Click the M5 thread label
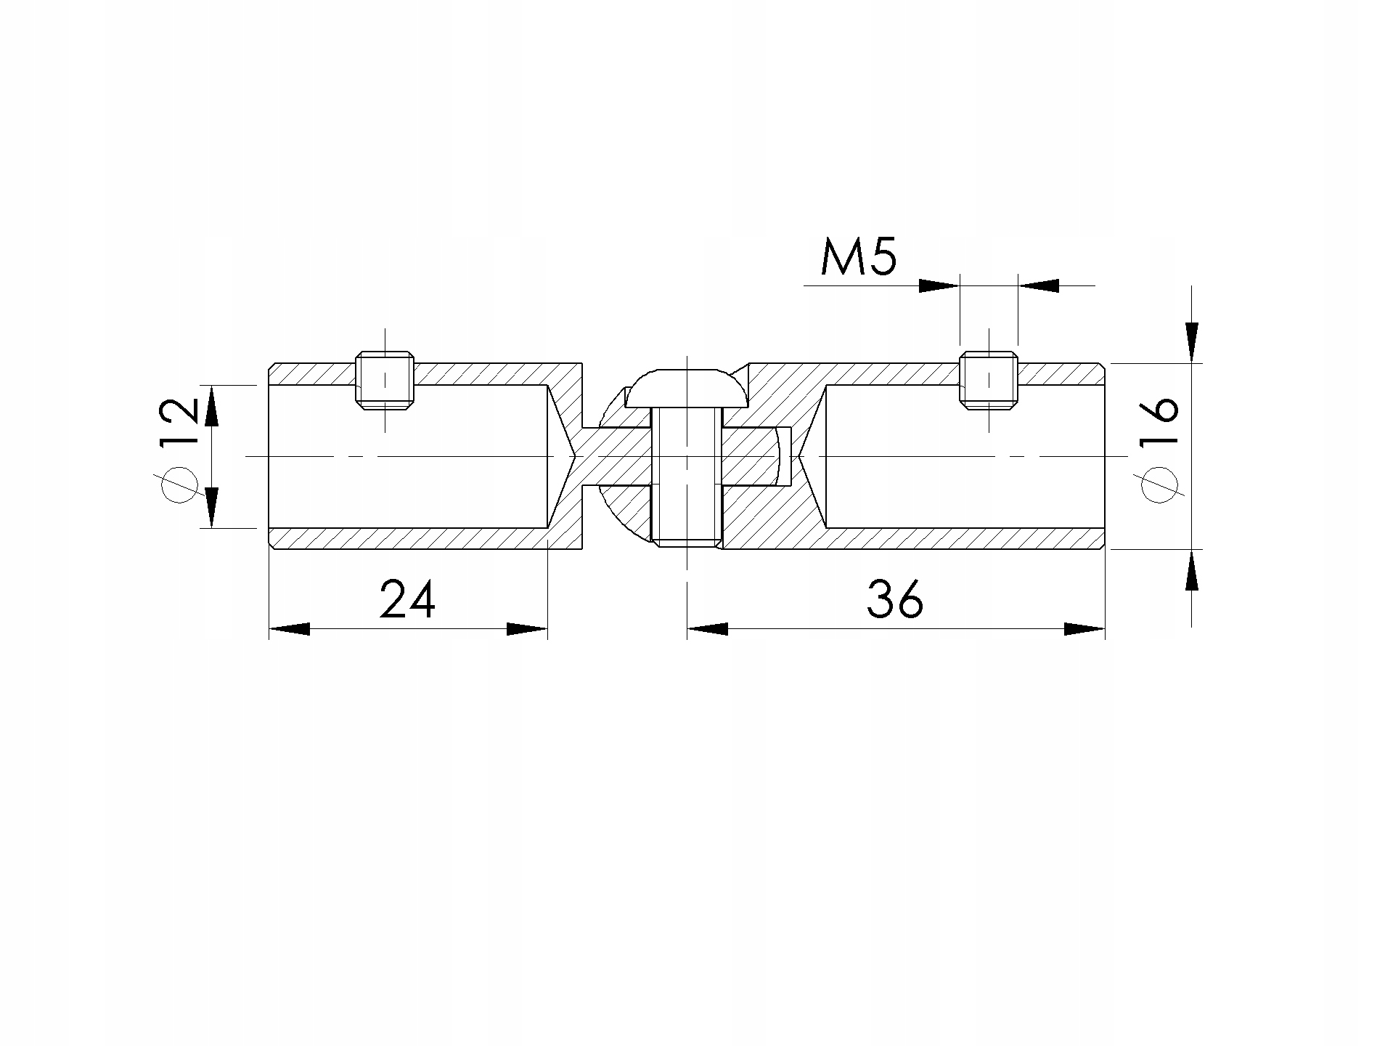(859, 259)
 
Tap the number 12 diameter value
(179, 421)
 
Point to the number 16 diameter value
(1159, 421)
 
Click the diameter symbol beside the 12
(179, 484)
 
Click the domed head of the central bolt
(687, 389)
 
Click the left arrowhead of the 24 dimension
(289, 629)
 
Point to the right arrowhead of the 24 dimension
(527, 629)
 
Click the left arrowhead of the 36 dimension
(707, 629)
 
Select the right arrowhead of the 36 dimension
(1084, 629)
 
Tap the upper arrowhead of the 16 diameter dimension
(1191, 341)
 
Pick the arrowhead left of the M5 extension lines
(939, 285)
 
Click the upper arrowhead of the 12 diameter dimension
(211, 406)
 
